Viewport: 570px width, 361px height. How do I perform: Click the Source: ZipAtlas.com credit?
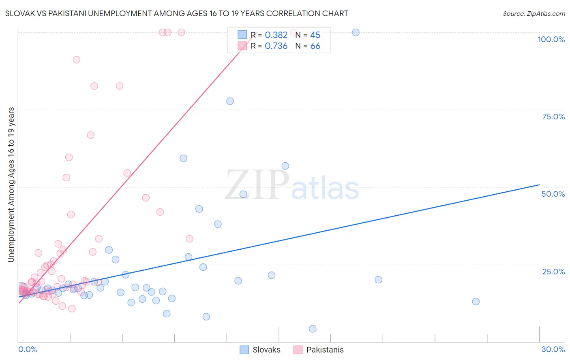[x=534, y=13]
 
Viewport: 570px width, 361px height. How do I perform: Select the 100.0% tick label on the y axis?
[x=551, y=39]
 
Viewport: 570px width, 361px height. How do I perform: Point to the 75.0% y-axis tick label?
[x=553, y=117]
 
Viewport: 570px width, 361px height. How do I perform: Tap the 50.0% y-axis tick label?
[x=553, y=194]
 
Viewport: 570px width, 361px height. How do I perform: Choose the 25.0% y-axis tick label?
[x=553, y=272]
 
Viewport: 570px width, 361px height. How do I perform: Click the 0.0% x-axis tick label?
[x=28, y=349]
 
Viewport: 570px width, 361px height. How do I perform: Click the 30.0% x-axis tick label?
[x=553, y=349]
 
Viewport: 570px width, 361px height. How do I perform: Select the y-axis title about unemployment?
[x=11, y=185]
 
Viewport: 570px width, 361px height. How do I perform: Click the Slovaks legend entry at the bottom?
[x=266, y=350]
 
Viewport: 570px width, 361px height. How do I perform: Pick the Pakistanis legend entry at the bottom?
[x=325, y=350]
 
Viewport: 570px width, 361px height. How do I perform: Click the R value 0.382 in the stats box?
[x=276, y=35]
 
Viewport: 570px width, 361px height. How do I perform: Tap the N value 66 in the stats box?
[x=315, y=46]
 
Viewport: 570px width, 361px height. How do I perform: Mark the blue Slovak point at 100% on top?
[x=356, y=32]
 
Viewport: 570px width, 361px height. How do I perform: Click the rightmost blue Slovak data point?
[x=476, y=302]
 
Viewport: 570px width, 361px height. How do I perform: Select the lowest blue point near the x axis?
[x=313, y=329]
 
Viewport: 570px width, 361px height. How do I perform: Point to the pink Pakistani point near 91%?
[x=76, y=59]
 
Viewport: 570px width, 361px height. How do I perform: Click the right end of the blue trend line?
[x=539, y=185]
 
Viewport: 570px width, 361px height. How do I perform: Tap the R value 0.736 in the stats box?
[x=276, y=46]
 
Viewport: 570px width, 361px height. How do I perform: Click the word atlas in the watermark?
[x=325, y=189]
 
